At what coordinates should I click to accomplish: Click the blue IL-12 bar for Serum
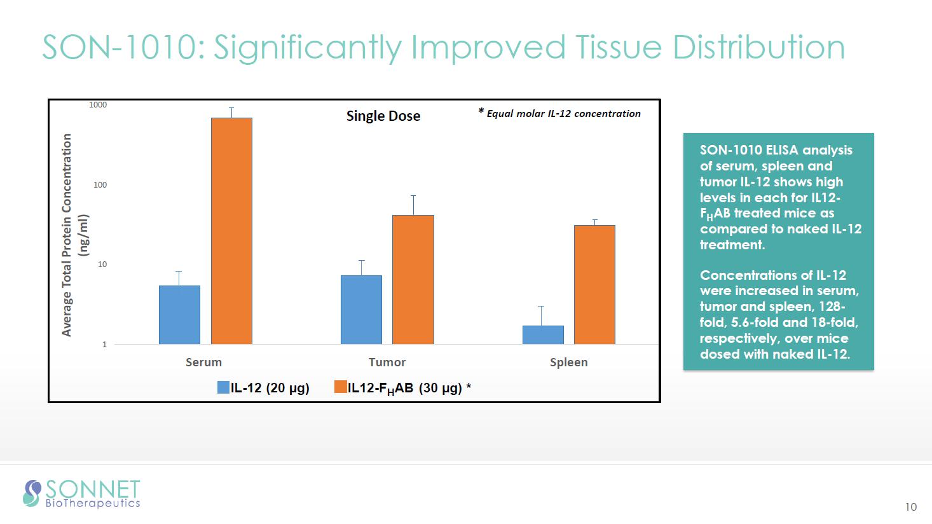pos(179,315)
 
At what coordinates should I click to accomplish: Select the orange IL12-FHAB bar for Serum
pos(231,231)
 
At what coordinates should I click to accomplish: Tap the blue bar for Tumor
pos(361,310)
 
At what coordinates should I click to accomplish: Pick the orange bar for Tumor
pos(413,280)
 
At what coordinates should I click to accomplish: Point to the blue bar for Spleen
pos(543,334)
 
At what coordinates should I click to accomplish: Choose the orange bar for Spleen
pos(594,285)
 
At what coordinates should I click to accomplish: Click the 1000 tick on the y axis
pos(98,105)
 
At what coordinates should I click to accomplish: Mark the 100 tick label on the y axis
pos(100,185)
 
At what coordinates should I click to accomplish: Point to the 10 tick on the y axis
pos(102,265)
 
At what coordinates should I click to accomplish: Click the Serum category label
pos(203,362)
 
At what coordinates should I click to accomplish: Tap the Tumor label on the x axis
pos(387,362)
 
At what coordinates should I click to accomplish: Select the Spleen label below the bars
pos(568,362)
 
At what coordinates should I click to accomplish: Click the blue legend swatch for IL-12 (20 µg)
pos(223,387)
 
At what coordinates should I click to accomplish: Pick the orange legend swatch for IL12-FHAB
pos(340,387)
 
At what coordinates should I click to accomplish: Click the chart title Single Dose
pos(383,116)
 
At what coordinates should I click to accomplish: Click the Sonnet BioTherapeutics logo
pos(81,493)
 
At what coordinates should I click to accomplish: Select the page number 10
pos(911,507)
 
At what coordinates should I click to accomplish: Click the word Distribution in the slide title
pos(758,47)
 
